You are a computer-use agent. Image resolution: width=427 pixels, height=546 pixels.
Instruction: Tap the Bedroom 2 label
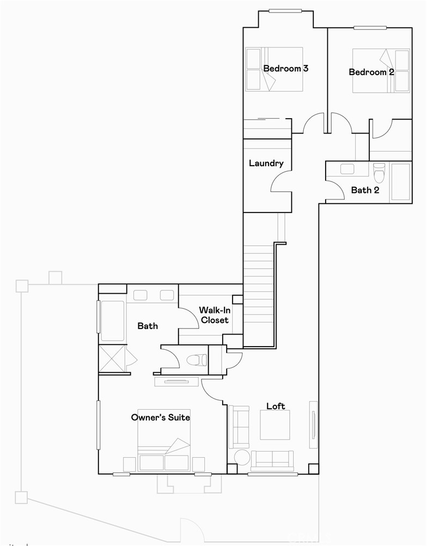pos(371,72)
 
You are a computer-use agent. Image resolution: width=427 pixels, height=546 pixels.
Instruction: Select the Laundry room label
pos(266,163)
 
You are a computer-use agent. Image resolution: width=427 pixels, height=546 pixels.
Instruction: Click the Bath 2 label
pos(365,190)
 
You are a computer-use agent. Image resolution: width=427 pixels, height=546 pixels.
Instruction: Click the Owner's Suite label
pos(160,417)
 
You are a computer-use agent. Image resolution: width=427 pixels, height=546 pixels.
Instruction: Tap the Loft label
pos(276,406)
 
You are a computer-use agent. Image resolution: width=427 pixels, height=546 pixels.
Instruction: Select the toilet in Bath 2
pos(379,172)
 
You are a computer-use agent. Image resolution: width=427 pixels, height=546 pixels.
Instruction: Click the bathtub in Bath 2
pos(400,182)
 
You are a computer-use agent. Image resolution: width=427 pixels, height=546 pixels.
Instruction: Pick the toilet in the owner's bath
pos(196,360)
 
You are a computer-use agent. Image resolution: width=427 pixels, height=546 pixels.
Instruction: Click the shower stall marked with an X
pos(112,357)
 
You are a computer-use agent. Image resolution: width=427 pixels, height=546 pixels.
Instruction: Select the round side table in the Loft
pos(242,457)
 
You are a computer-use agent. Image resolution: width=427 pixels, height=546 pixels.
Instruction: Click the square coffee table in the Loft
pos(274,425)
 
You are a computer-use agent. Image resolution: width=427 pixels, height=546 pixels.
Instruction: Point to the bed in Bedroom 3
pos(274,70)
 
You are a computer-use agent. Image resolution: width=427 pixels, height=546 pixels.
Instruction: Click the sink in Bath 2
pos(347,169)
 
